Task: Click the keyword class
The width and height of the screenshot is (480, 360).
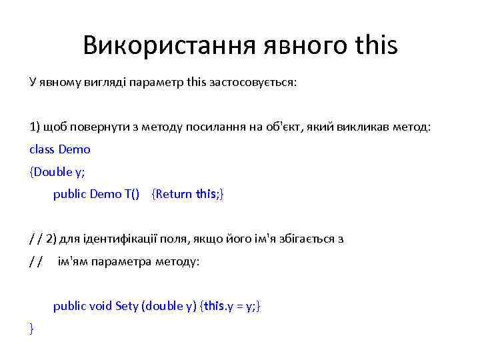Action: (x=43, y=149)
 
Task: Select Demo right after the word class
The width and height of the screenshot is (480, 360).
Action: (x=75, y=149)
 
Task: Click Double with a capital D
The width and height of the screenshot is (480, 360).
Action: (x=53, y=172)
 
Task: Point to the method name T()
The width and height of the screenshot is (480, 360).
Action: (x=132, y=194)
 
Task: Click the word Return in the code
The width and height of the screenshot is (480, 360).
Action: (x=174, y=194)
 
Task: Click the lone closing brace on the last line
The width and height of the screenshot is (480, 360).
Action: (x=31, y=328)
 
